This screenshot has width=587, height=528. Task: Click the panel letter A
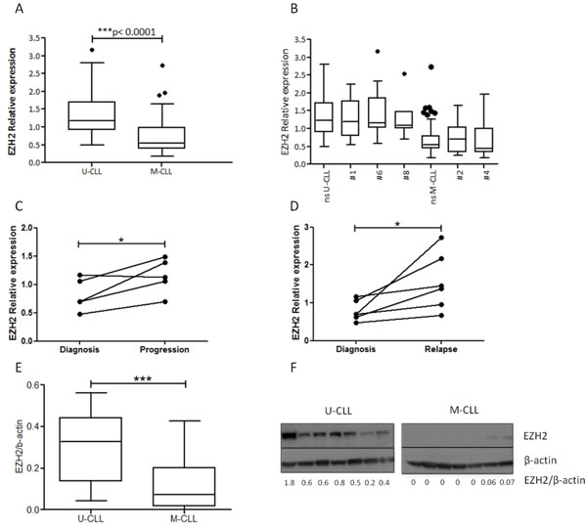pyautogui.click(x=19, y=8)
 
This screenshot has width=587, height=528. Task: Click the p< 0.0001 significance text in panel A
pyautogui.click(x=134, y=32)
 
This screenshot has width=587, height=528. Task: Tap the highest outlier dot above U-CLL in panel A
pyautogui.click(x=92, y=50)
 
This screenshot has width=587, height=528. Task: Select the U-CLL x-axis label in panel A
pyautogui.click(x=92, y=172)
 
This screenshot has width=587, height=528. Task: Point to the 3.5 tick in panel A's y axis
pyautogui.click(x=35, y=38)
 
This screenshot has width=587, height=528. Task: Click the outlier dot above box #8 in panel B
pyautogui.click(x=404, y=73)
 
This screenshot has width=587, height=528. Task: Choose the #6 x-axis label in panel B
pyautogui.click(x=380, y=175)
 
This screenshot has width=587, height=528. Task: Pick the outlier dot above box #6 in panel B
pyautogui.click(x=378, y=51)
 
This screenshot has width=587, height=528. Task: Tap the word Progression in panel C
pyautogui.click(x=164, y=349)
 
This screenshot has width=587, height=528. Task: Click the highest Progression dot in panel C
pyautogui.click(x=165, y=257)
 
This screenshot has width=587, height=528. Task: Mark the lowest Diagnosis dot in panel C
pyautogui.click(x=80, y=314)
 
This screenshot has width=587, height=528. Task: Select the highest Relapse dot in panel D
pyautogui.click(x=441, y=238)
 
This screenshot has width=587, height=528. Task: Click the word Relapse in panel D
pyautogui.click(x=441, y=349)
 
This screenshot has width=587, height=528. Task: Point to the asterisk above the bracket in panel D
pyautogui.click(x=398, y=224)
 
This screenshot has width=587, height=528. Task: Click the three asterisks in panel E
pyautogui.click(x=143, y=378)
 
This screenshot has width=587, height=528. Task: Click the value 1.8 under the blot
pyautogui.click(x=290, y=483)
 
